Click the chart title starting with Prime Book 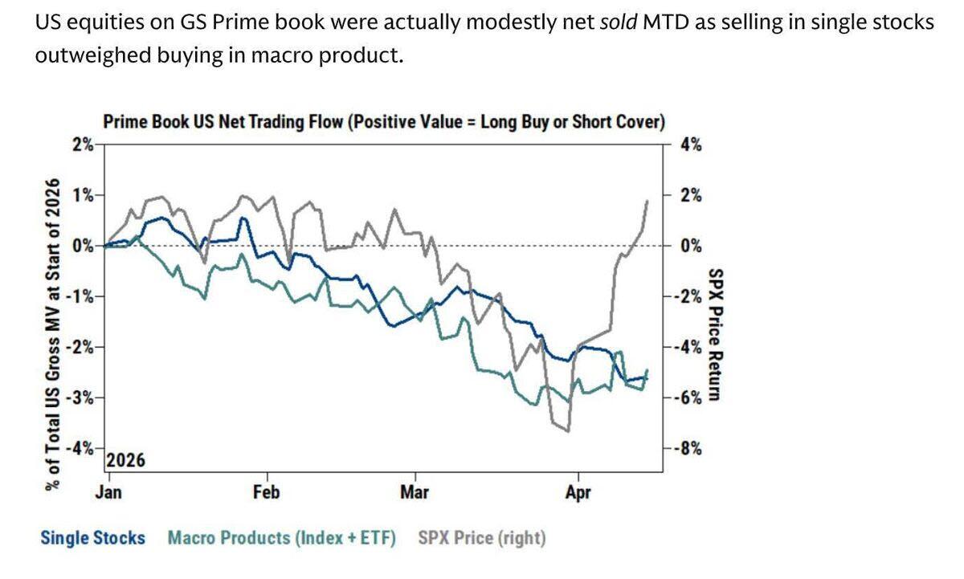click(384, 123)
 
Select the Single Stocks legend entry click(93, 537)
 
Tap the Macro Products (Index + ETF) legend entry click(282, 537)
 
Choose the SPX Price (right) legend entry click(482, 537)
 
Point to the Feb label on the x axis click(266, 491)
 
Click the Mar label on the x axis click(414, 491)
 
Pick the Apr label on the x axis click(578, 491)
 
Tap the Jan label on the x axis click(108, 491)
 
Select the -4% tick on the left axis click(79, 448)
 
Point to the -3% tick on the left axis click(79, 398)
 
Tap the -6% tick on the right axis click(688, 398)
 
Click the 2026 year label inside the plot click(125, 461)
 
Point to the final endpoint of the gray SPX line click(648, 200)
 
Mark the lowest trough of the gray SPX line click(569, 431)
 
